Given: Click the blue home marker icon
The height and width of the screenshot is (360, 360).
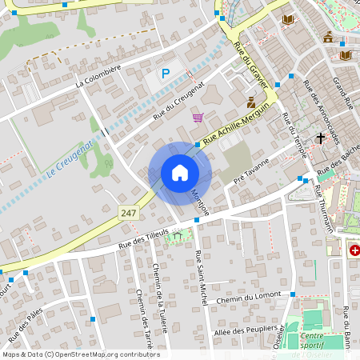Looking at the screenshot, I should coord(179,173).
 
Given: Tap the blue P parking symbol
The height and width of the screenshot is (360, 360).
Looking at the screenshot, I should coord(166,74).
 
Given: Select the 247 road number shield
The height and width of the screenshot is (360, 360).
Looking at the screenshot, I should coord(128,213).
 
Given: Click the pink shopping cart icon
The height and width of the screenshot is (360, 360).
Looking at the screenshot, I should coord(198,117).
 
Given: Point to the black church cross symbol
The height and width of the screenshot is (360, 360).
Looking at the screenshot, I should coord(321,138).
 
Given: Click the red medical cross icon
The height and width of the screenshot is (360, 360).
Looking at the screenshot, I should coord(354,250).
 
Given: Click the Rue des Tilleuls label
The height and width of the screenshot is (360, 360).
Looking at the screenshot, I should coord(143,236).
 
